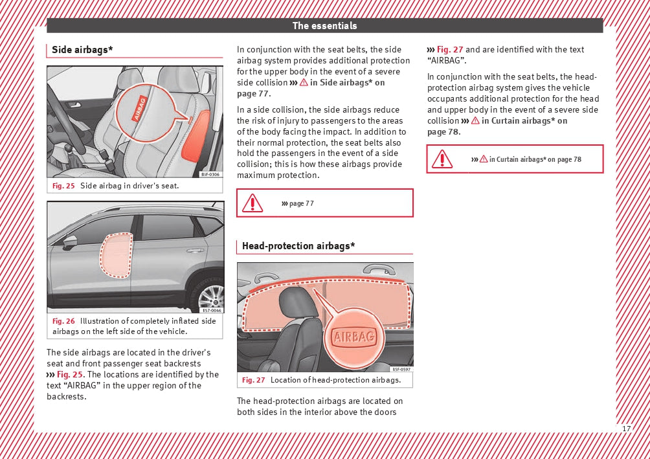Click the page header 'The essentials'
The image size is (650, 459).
[x=324, y=26]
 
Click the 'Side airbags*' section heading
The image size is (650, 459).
[x=82, y=50]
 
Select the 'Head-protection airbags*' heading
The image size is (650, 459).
[x=298, y=246]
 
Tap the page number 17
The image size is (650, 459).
[x=626, y=429]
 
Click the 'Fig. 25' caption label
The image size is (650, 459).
[x=63, y=186]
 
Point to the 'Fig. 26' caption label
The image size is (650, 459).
[x=63, y=321]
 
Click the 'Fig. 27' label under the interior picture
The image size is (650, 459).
[x=253, y=380]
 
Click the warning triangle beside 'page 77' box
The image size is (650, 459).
[x=252, y=203]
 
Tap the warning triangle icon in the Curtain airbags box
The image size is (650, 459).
[x=442, y=159]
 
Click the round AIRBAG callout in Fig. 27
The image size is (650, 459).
[x=353, y=337]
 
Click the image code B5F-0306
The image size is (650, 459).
[x=210, y=174]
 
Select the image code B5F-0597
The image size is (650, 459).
[x=401, y=369]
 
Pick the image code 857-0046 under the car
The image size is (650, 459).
[x=211, y=310]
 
